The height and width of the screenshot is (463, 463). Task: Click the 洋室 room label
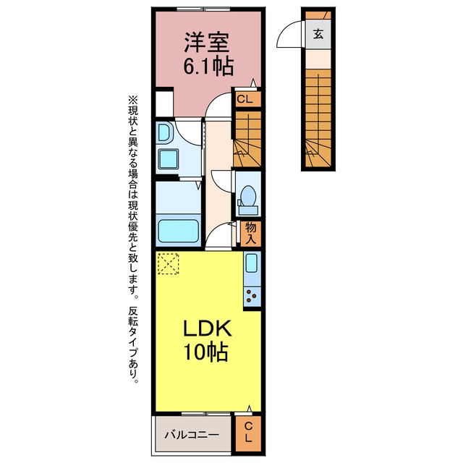[x=207, y=42]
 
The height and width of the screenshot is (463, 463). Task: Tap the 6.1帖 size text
[x=208, y=66]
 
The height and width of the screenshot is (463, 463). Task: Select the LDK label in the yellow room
[x=208, y=328]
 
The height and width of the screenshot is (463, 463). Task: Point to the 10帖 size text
[x=205, y=352]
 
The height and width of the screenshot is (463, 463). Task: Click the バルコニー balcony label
[x=192, y=435]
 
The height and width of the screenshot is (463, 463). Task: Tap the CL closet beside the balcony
[x=248, y=432]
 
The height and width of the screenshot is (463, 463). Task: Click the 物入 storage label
[x=251, y=233]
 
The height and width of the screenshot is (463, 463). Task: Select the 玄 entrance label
[x=318, y=34]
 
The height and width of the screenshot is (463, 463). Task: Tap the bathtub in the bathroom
[x=178, y=231]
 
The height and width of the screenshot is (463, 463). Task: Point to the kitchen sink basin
[x=252, y=263]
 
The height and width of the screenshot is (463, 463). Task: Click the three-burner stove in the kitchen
[x=252, y=296]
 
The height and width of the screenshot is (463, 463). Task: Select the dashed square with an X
[x=169, y=263]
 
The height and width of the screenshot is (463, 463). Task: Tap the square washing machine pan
[x=169, y=159]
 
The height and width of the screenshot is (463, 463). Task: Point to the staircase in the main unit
[x=248, y=139]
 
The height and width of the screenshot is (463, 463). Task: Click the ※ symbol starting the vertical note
[x=132, y=100]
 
